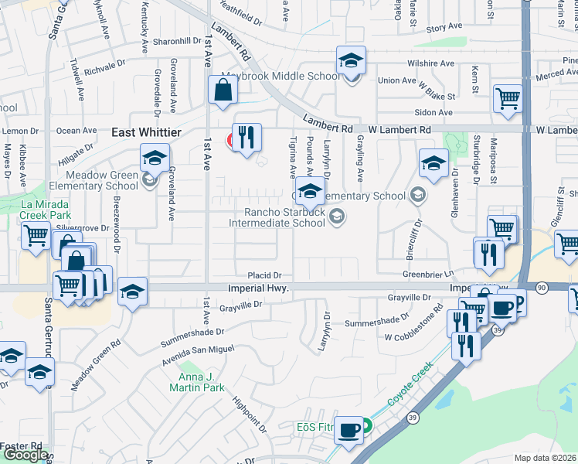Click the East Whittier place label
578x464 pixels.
146,133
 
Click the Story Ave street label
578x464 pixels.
444,28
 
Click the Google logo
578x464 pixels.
25,455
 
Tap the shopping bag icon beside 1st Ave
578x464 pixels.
222,90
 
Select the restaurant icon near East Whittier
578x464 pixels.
246,138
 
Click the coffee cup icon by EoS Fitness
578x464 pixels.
348,429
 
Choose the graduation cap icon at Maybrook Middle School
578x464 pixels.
351,60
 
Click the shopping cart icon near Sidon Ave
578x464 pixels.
508,98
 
